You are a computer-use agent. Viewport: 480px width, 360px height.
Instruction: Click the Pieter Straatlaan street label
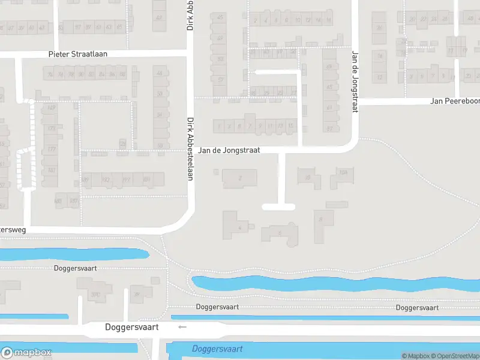coord(77,54)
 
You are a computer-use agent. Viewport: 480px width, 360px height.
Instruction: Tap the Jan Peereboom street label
coord(454,101)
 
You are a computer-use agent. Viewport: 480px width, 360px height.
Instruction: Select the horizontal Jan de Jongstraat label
coord(229,150)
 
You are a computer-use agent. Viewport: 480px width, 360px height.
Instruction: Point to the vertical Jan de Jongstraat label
coord(354,81)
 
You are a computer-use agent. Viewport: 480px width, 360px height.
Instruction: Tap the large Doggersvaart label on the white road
coord(131,327)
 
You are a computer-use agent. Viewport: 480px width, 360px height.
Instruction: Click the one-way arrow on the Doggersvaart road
coord(182,327)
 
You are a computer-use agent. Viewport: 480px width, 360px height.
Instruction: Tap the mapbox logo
coord(26,352)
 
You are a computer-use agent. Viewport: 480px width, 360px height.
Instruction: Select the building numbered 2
coord(240,178)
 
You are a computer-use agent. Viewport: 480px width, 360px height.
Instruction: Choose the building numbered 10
coord(308,177)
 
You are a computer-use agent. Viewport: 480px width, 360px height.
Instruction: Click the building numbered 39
coord(138,294)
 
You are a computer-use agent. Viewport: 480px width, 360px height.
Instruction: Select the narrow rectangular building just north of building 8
coord(337,205)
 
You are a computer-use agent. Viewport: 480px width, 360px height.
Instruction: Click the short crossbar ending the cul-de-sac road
coord(278,207)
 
